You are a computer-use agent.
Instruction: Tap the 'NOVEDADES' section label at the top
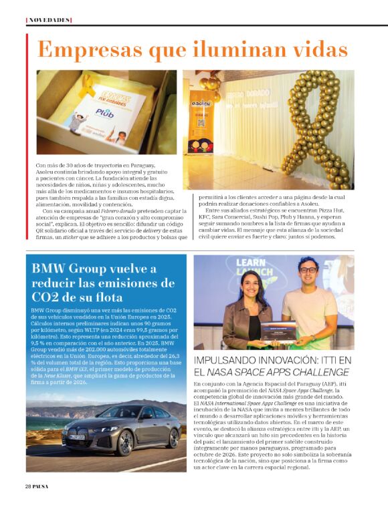(x=48, y=20)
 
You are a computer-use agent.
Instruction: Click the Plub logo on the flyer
(x=104, y=114)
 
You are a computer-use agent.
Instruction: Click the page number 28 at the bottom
(x=29, y=486)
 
